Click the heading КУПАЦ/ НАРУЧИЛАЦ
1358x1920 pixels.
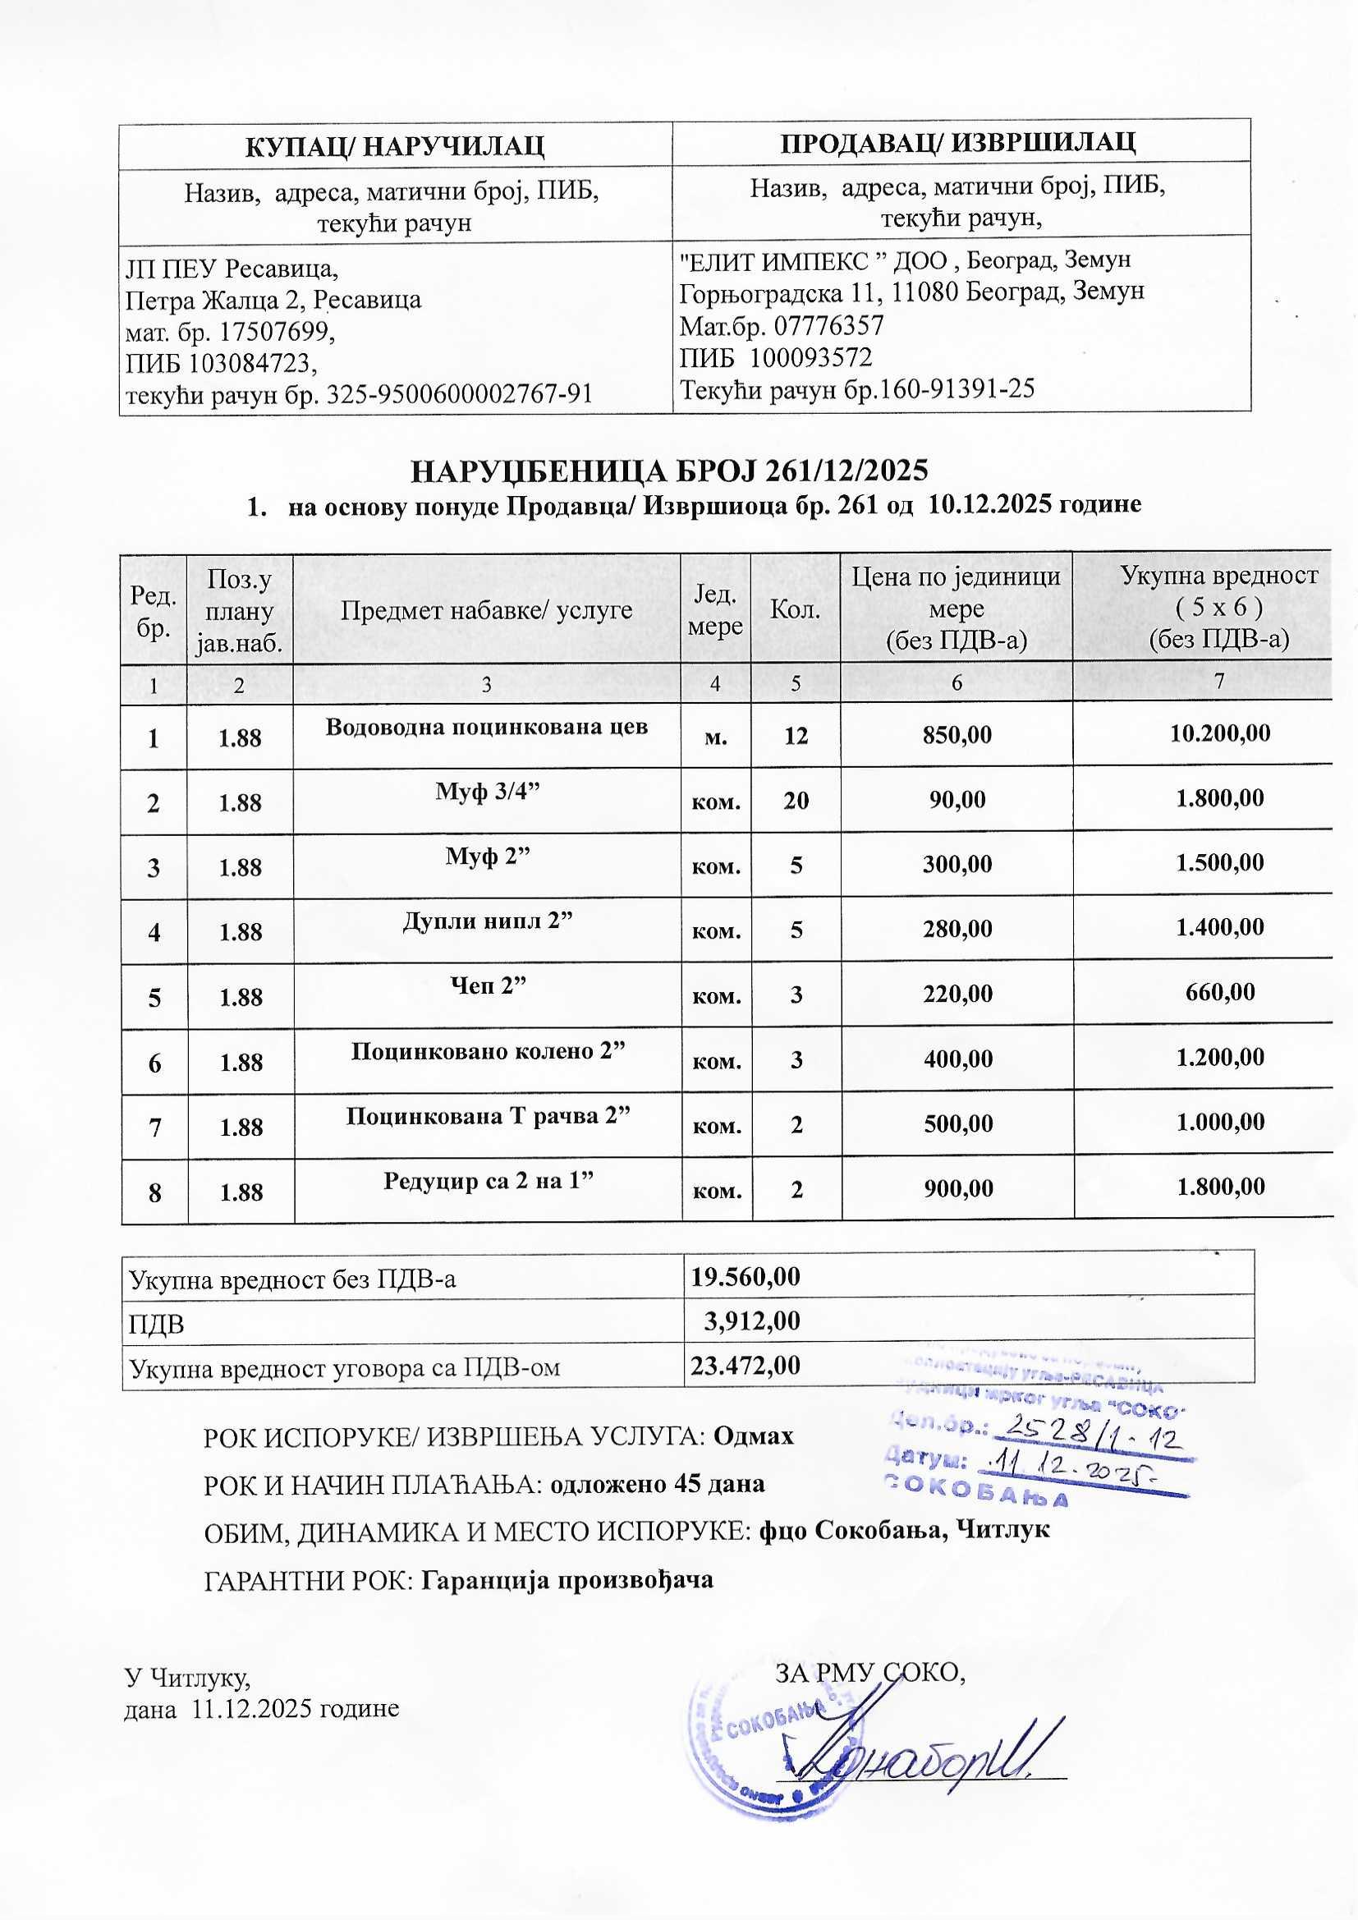tap(395, 145)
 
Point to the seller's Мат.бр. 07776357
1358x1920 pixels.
tap(781, 324)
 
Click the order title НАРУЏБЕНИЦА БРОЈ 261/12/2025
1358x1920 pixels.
tap(670, 471)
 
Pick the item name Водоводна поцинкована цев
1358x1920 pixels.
tap(487, 726)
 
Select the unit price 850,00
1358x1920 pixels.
tap(957, 735)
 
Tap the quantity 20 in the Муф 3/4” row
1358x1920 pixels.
tap(796, 801)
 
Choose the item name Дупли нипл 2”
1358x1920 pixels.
tap(488, 920)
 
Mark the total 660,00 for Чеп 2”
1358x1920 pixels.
tap(1220, 993)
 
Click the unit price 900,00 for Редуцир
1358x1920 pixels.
tap(957, 1187)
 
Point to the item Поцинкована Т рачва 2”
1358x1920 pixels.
tap(488, 1115)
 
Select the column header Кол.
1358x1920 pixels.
tap(795, 609)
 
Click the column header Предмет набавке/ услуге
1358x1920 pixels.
tap(486, 609)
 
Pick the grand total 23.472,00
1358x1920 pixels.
tap(745, 1365)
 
